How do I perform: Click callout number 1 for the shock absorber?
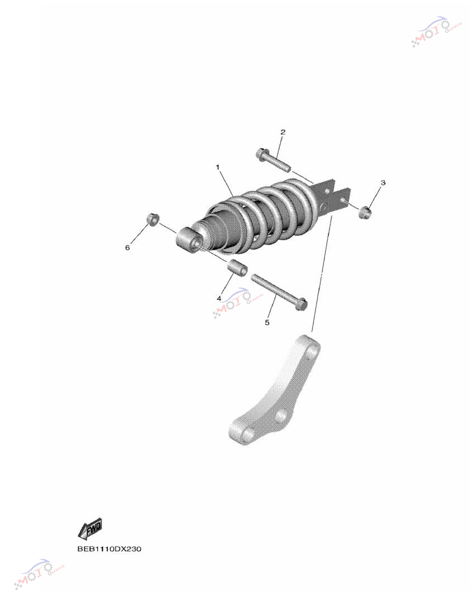[x=218, y=167]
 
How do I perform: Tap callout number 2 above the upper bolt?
[x=283, y=132]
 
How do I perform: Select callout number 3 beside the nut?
[x=383, y=182]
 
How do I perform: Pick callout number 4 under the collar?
[x=219, y=298]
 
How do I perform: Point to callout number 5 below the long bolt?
[x=267, y=322]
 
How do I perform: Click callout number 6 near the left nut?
[x=127, y=248]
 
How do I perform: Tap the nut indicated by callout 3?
[x=365, y=213]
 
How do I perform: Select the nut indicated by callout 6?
[x=153, y=219]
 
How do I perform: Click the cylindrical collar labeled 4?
[x=237, y=267]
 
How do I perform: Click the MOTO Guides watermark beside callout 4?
[x=238, y=303]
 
